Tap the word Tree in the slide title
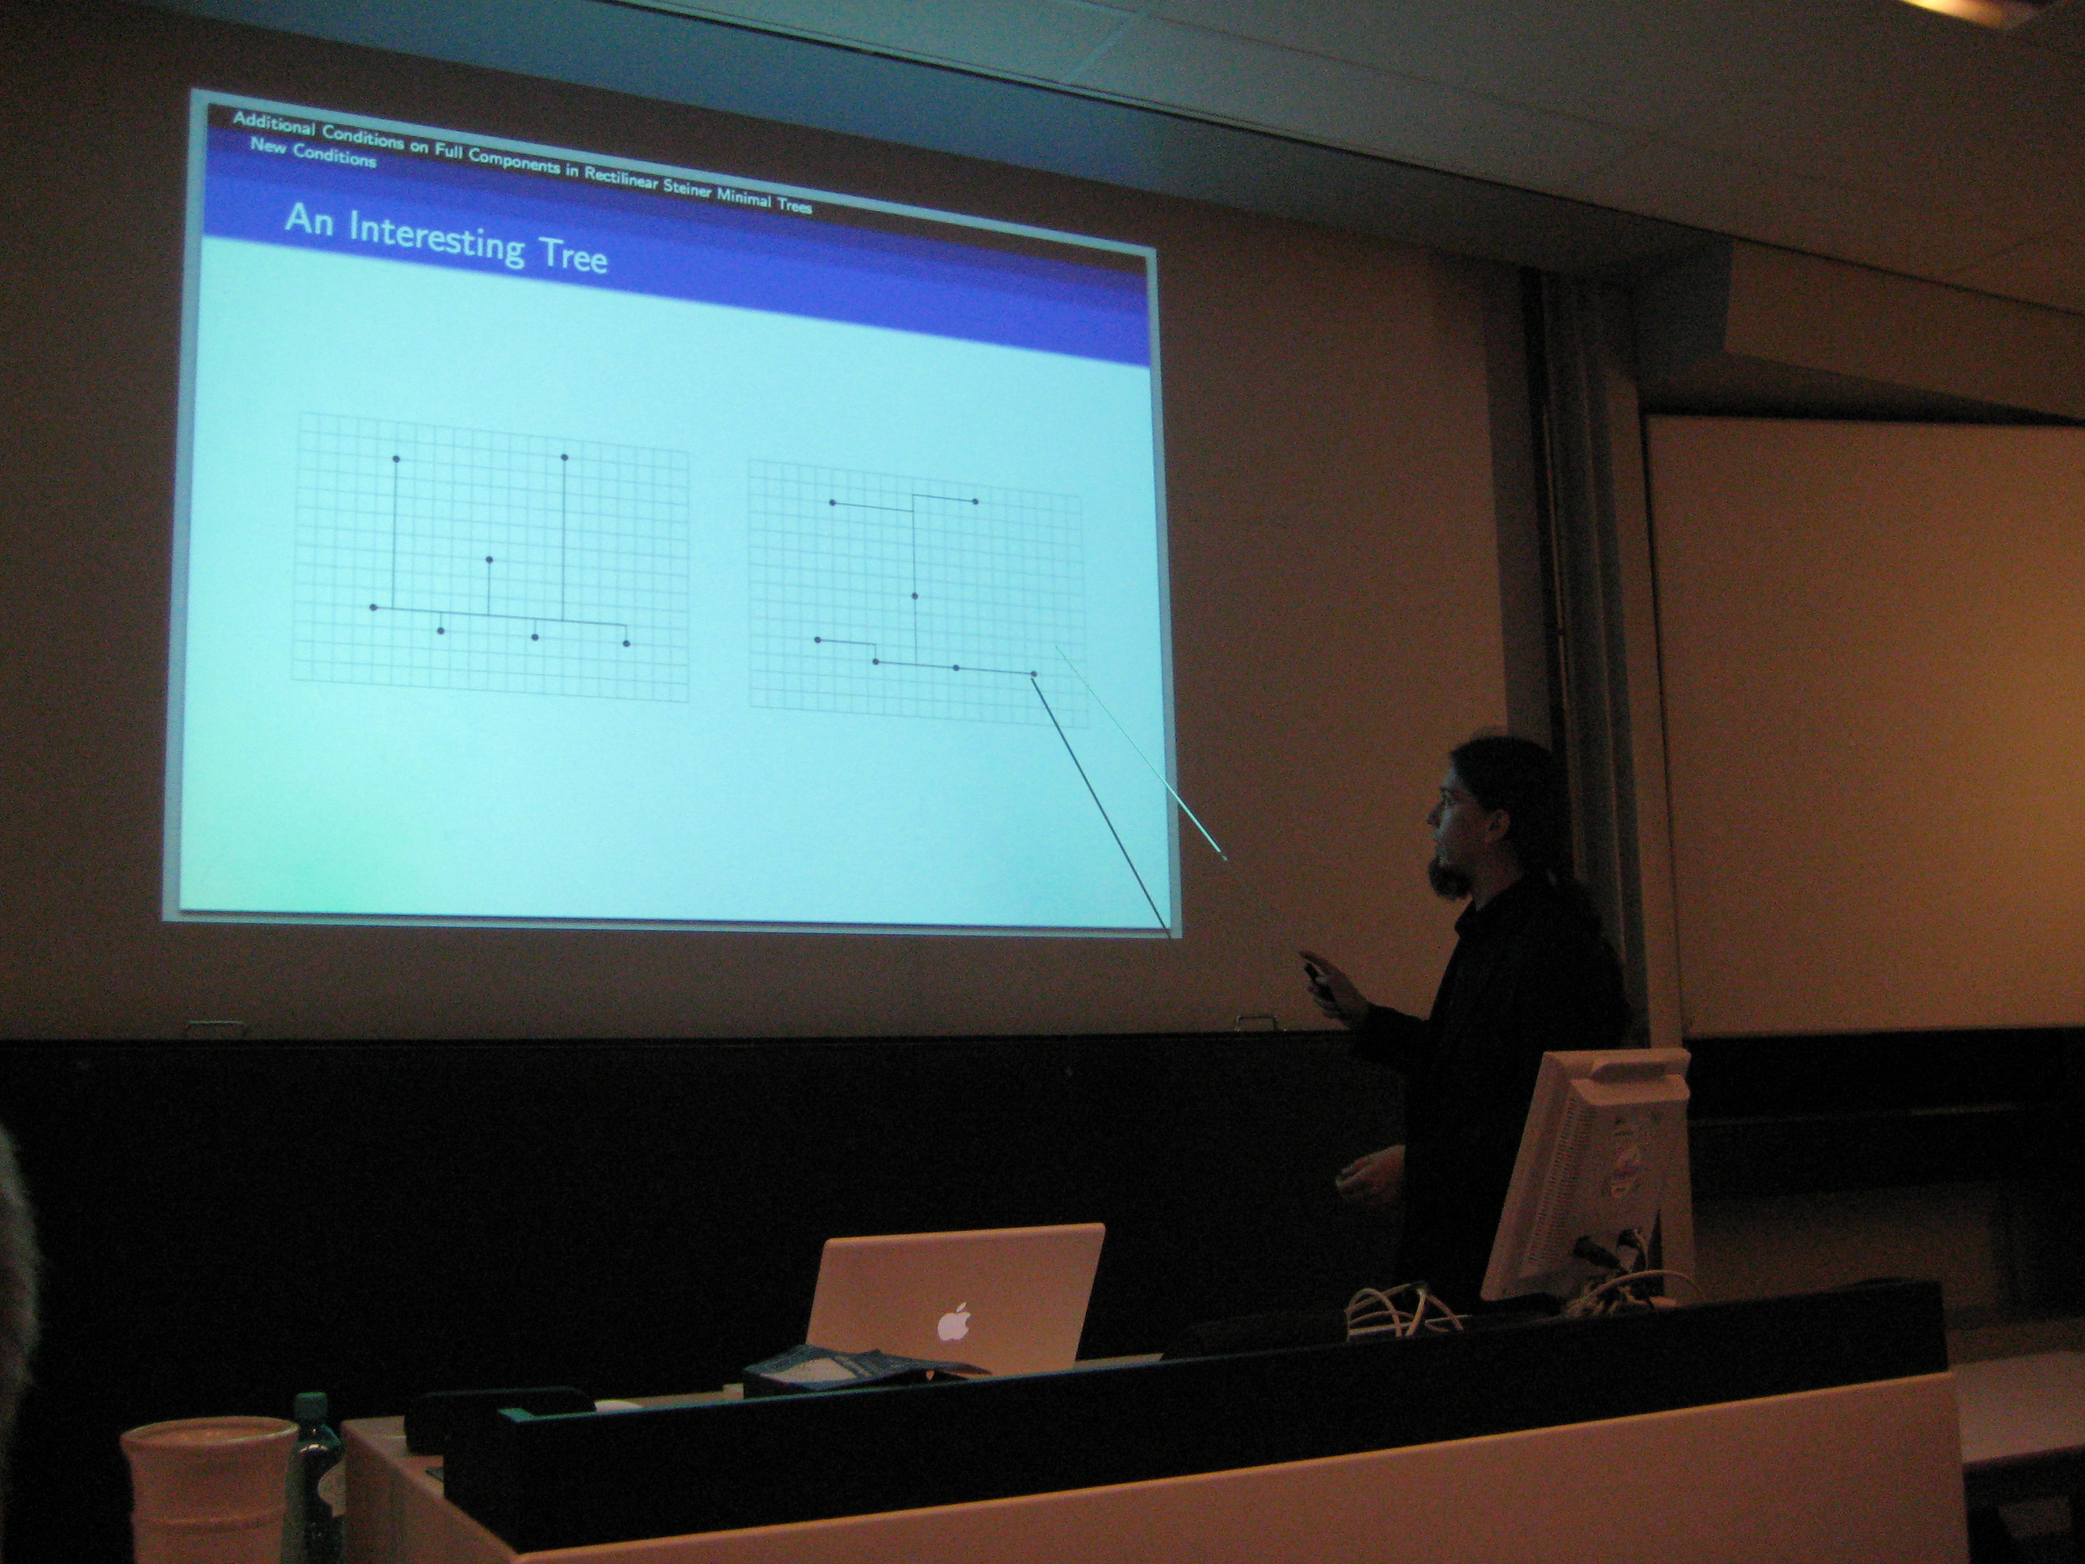(572, 255)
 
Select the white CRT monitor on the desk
(1585, 1173)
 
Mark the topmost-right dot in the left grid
(563, 458)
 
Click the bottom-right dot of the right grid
(1033, 673)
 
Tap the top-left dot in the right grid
(832, 502)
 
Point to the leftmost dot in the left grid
(374, 607)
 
